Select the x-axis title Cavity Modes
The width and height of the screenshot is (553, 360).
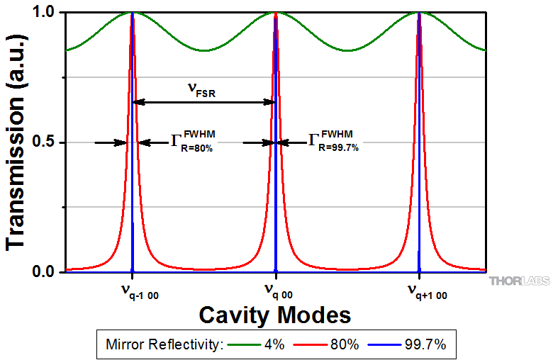click(275, 313)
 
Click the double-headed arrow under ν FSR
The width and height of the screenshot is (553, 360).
click(204, 102)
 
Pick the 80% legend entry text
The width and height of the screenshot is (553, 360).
click(344, 345)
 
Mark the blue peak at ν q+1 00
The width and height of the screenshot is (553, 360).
click(419, 142)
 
